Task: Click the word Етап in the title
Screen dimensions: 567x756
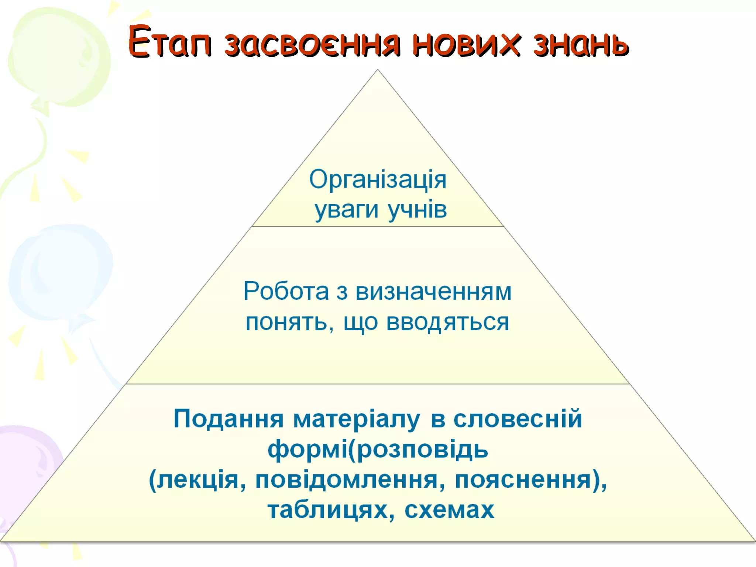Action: point(170,41)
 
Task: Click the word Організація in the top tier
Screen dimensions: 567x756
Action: point(378,180)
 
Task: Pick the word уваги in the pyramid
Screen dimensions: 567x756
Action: point(346,210)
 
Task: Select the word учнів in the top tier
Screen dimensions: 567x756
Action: point(417,209)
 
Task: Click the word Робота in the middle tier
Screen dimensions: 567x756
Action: point(286,291)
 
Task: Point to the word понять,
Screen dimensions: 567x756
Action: point(290,323)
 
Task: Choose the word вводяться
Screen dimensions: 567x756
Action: point(447,322)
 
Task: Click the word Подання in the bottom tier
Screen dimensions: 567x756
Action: point(228,419)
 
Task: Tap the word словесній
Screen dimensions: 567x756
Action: point(518,419)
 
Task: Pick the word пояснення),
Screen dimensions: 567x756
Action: point(531,480)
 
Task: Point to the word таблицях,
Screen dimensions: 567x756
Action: point(331,510)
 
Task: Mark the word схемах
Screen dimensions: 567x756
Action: point(449,510)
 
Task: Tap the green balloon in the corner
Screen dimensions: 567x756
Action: point(59,55)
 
